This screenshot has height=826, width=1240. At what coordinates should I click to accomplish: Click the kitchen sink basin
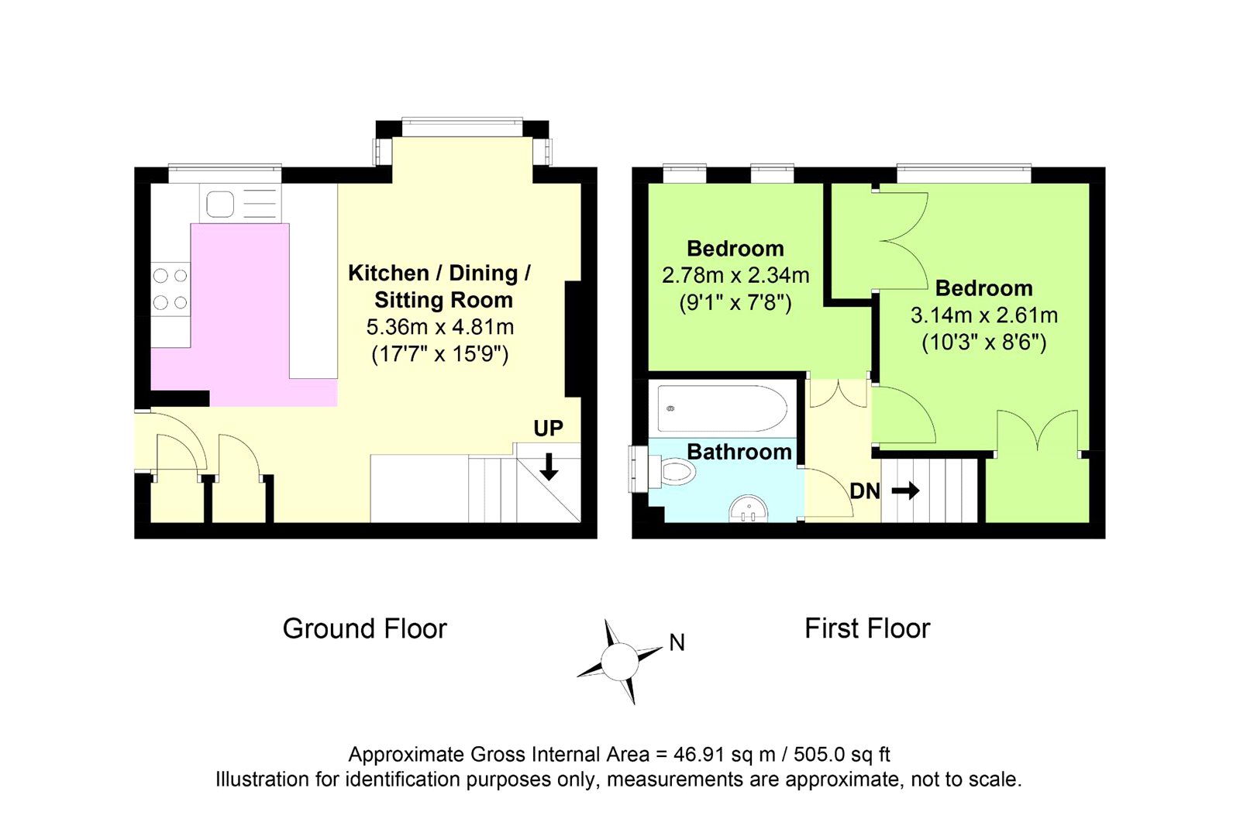coord(220,204)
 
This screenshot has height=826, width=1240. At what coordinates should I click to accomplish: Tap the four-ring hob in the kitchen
coord(170,289)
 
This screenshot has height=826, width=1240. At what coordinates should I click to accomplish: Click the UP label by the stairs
coord(548,428)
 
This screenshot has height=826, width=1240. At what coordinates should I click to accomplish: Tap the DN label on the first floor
coord(865,491)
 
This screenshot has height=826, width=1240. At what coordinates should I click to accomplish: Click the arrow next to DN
coord(906,490)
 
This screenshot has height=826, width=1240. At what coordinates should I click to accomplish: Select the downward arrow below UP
coord(549,466)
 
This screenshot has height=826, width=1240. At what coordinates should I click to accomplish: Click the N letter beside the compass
coord(677,642)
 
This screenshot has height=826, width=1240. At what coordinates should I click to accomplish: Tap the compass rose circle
coord(619,661)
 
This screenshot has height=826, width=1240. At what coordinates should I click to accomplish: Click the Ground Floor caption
coord(365,629)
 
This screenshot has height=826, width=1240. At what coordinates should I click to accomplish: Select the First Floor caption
coord(867,628)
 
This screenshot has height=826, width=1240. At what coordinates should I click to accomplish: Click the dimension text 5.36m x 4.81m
coord(440,327)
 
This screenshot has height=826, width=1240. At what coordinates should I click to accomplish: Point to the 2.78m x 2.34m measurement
coord(735,275)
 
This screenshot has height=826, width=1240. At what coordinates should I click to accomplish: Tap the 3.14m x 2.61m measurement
coord(984,315)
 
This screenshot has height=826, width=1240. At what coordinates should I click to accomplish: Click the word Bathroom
coord(739,452)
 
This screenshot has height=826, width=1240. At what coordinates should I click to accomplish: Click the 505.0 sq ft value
coord(842,754)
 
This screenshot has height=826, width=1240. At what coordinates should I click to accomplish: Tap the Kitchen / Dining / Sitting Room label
coord(440,286)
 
